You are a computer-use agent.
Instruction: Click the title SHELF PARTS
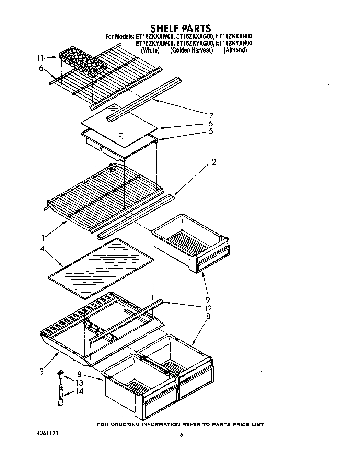point(181,28)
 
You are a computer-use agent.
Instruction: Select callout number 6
point(41,69)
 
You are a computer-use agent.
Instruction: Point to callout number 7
point(211,116)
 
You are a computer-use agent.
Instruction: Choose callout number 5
point(211,131)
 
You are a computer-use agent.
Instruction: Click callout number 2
point(214,162)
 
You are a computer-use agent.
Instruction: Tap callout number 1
point(42,238)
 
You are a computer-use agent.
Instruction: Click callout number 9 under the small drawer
point(208,300)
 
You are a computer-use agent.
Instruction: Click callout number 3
point(41,372)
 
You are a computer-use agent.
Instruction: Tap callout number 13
point(80,383)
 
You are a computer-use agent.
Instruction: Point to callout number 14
point(80,391)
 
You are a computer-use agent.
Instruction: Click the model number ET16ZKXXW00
point(155,36)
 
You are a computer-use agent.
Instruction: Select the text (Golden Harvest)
point(191,50)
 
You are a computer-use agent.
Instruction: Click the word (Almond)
point(235,50)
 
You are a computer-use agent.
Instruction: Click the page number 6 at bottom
point(182,435)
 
